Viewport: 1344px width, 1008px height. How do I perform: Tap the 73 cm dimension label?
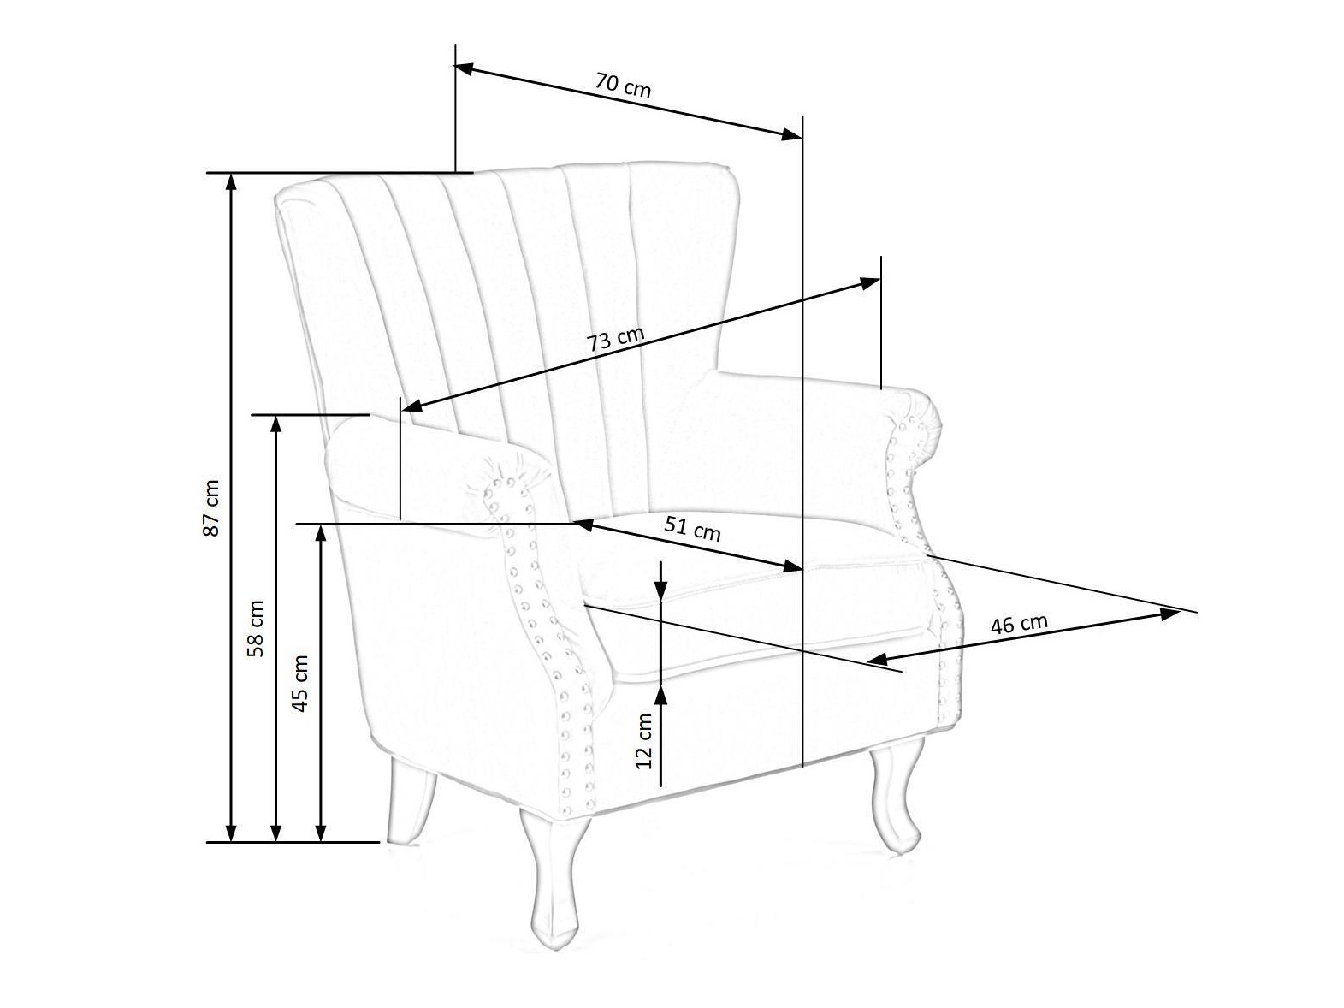(x=616, y=339)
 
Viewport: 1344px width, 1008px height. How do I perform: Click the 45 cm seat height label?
(x=300, y=684)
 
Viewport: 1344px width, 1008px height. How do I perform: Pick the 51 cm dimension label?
(x=692, y=528)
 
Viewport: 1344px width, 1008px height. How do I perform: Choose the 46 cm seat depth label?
(x=1019, y=624)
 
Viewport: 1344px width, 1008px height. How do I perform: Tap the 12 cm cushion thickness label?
(x=644, y=741)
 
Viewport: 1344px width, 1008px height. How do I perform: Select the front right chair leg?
(x=892, y=794)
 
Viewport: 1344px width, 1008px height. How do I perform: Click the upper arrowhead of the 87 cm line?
(x=231, y=183)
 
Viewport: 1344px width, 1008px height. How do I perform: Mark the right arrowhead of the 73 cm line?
(x=870, y=283)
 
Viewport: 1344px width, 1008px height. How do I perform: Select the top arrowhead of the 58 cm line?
(x=275, y=425)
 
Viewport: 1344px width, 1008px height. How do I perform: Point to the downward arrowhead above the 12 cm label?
(x=661, y=589)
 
